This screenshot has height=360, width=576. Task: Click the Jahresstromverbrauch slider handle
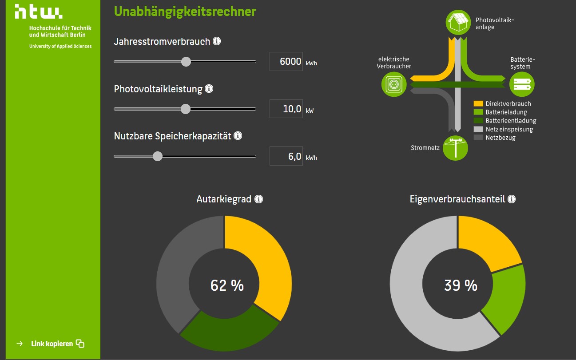coord(186,62)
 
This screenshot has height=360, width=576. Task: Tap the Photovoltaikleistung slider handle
coord(186,109)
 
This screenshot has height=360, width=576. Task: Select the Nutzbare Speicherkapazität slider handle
coord(158,156)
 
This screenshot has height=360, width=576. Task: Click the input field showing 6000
coord(286,62)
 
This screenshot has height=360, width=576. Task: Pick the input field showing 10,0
coord(286,109)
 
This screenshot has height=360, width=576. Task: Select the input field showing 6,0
coord(286,156)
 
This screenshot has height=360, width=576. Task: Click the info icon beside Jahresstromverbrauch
coord(217,41)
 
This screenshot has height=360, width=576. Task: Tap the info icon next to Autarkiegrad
coord(259,199)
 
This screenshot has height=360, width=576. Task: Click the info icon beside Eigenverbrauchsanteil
coord(512,199)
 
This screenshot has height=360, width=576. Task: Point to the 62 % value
coord(227,285)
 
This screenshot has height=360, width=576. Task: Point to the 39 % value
coord(461,285)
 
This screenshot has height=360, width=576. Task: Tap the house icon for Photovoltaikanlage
coord(457,22)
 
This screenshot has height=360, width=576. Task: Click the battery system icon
coord(521,84)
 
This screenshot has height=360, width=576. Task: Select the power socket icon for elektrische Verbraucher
coord(393,84)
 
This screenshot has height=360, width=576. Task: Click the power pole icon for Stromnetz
coord(456,148)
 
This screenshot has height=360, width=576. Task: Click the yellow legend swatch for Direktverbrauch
coord(478,104)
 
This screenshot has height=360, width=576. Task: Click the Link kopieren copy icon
coord(80,344)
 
